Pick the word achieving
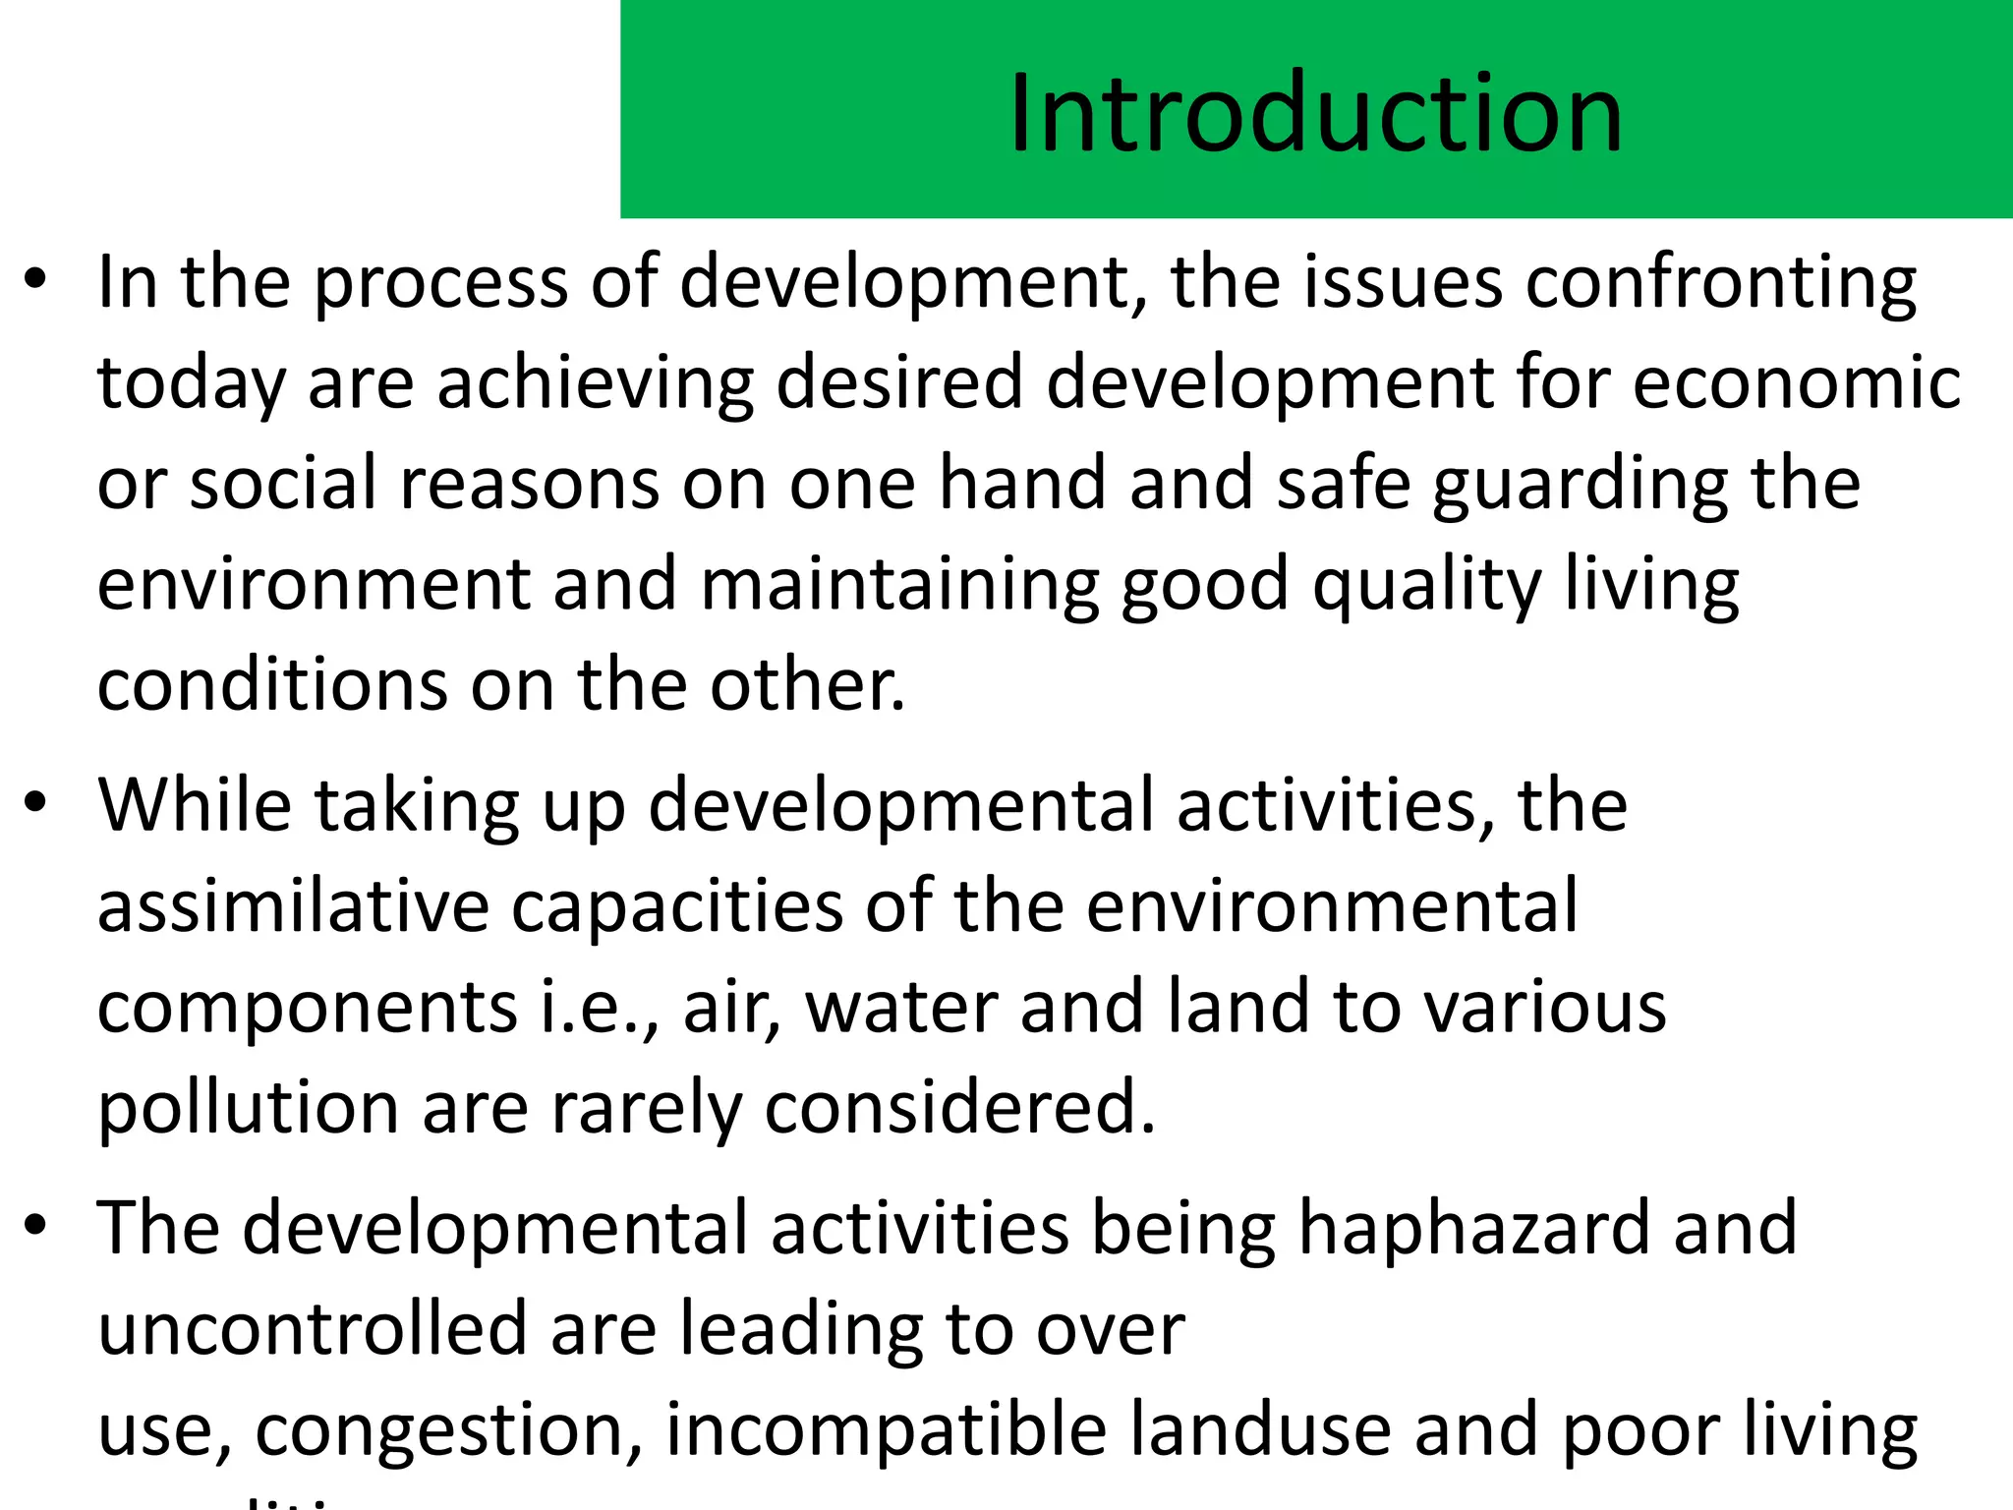coord(595,382)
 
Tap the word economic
coord(1797,382)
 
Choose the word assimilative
coord(293,905)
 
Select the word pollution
coord(248,1108)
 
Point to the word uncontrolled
coord(313,1329)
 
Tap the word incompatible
coord(886,1430)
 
